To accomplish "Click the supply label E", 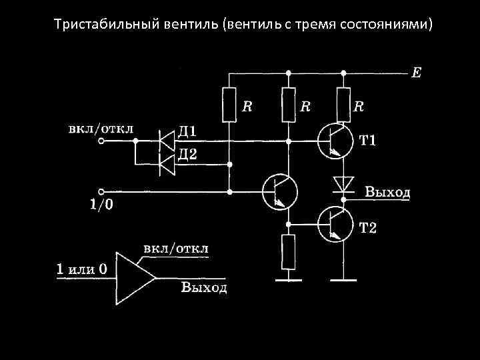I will pos(416,72).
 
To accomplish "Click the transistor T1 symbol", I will pos(335,141).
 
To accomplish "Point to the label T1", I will pos(368,141).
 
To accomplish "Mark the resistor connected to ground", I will pos(288,252).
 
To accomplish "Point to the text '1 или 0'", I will pos(82,269).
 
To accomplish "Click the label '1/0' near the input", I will pos(101,205).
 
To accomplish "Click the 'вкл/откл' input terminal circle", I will pos(101,141).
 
